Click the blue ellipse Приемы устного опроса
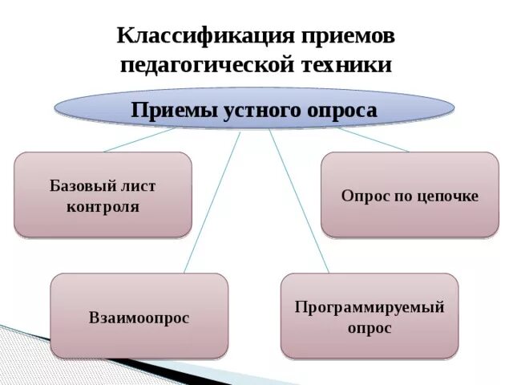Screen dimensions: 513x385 (253, 110)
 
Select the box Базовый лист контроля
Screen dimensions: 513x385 (103, 195)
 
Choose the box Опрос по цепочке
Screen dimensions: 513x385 (409, 195)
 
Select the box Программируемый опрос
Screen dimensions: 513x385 (369, 316)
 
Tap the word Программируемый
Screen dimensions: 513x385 (369, 306)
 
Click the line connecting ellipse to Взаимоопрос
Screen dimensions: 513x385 (212, 201)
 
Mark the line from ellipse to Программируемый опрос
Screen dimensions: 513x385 (298, 201)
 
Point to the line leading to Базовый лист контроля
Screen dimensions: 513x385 (136, 140)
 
